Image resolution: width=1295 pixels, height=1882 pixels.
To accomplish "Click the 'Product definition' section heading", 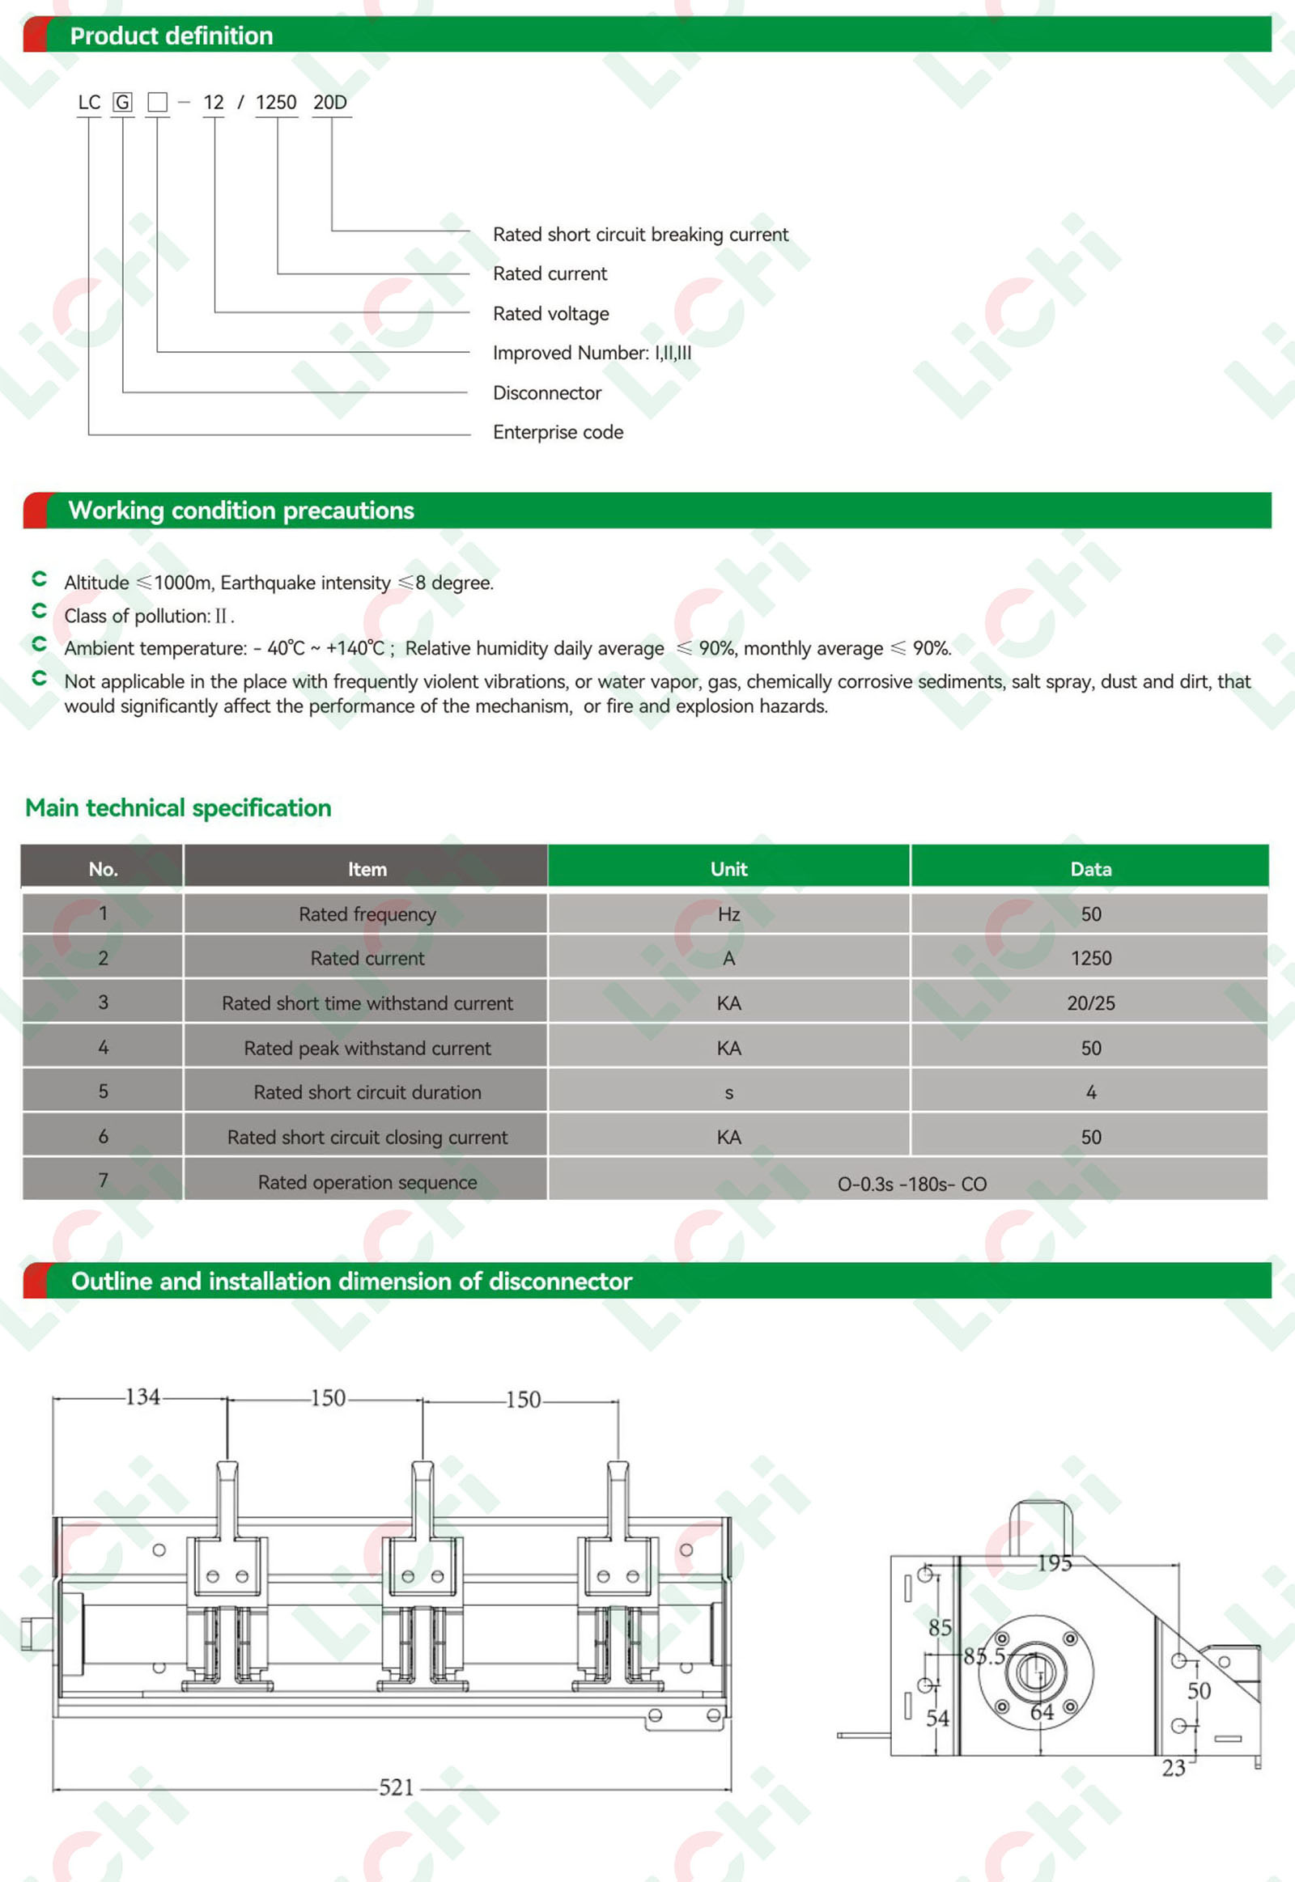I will (172, 36).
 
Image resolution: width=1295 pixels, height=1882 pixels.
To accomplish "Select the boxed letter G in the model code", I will (121, 102).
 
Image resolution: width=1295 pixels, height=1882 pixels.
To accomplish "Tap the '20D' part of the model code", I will (330, 102).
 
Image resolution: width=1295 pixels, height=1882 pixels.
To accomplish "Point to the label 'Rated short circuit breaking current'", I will (640, 235).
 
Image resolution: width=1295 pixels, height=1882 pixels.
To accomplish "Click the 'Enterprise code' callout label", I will (558, 432).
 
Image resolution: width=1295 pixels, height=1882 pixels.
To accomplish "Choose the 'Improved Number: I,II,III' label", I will (592, 353).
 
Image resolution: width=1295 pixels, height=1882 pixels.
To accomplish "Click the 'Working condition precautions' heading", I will (241, 511).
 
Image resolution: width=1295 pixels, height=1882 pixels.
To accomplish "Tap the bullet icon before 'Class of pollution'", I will (39, 611).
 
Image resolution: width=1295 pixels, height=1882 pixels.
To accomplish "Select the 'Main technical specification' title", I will (179, 808).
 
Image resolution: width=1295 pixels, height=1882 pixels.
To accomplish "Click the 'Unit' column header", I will (728, 869).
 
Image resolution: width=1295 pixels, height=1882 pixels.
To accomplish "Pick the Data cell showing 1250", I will (1090, 958).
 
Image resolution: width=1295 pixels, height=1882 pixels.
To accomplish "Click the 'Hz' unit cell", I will (728, 914).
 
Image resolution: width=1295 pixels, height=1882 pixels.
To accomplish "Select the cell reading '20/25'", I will (1090, 1003).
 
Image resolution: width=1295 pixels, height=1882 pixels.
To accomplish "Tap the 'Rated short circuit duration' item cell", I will (367, 1092).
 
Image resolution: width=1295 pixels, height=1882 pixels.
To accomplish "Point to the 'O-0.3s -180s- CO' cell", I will (912, 1184).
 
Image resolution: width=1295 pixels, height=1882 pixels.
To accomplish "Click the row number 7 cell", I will (103, 1180).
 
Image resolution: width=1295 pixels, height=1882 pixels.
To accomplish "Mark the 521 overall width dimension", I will (397, 1787).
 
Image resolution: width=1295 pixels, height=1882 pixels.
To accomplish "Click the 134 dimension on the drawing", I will (142, 1397).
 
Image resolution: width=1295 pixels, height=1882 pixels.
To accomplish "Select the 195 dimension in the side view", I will (1055, 1562).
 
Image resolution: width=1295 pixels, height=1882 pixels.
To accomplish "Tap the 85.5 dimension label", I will (984, 1655).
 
